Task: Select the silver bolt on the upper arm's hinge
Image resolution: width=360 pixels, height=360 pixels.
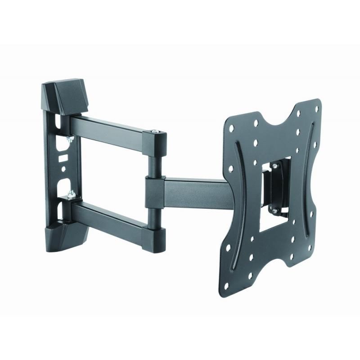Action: pyautogui.click(x=156, y=131)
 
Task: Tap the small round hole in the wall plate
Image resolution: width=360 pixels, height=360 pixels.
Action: pyautogui.click(x=63, y=170)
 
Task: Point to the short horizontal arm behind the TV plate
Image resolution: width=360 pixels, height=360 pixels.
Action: pyautogui.click(x=198, y=193)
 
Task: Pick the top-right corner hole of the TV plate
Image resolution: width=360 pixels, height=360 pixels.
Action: pyautogui.click(x=317, y=108)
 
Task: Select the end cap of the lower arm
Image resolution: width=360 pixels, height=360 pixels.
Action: pyautogui.click(x=154, y=234)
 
